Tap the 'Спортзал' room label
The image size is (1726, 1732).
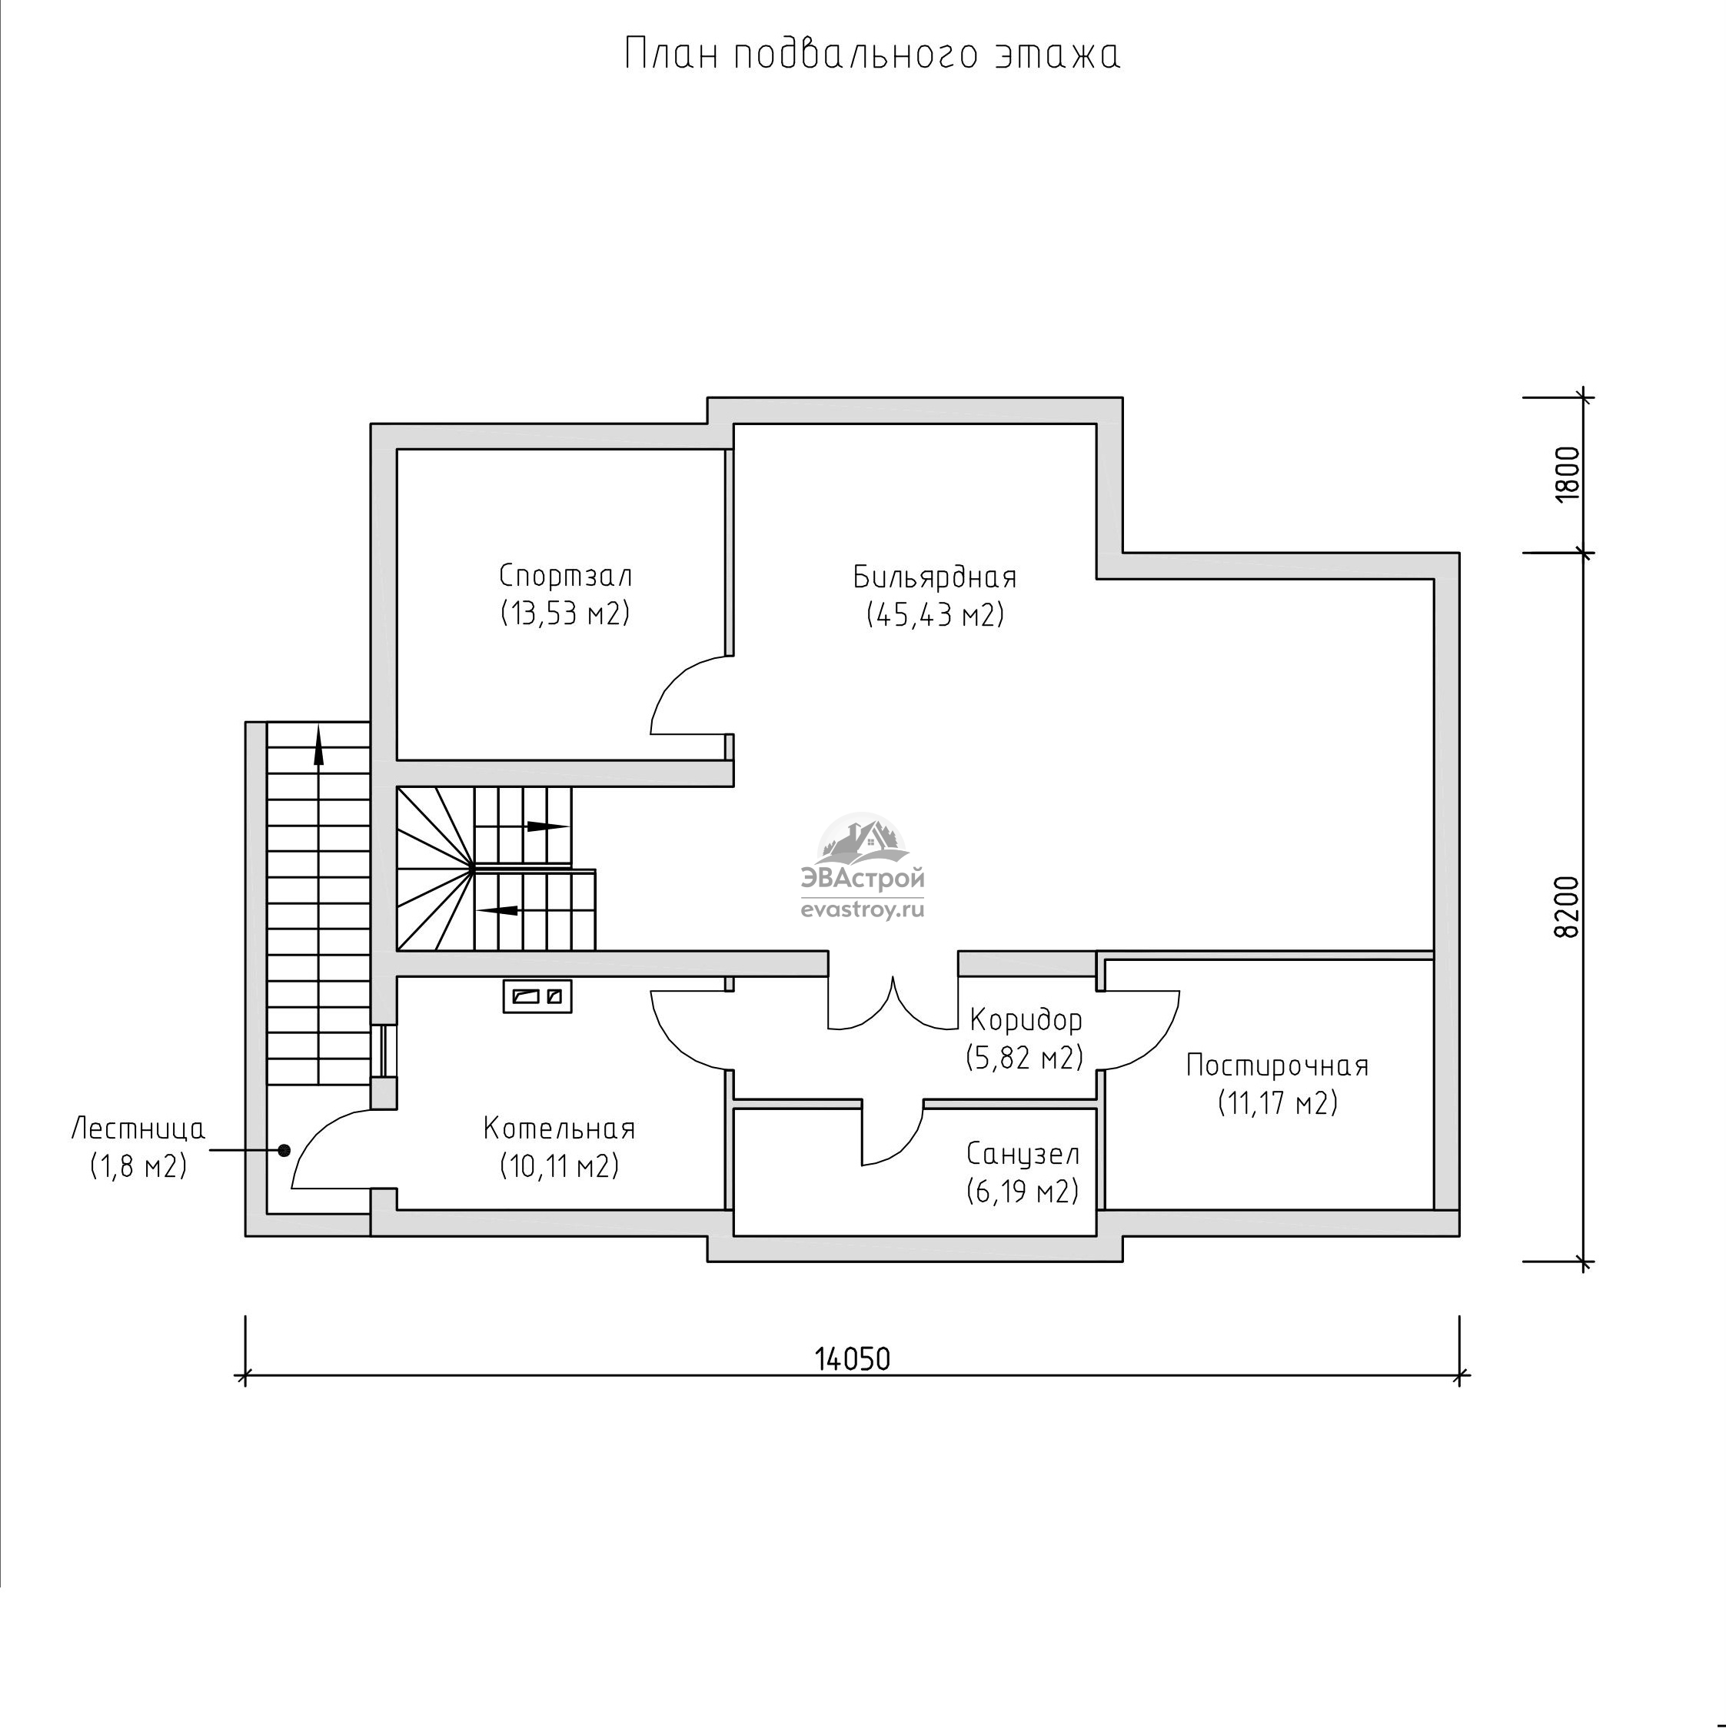(566, 576)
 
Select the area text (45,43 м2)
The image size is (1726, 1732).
(935, 615)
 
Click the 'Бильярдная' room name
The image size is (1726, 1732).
(935, 577)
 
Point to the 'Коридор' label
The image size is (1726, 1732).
(1026, 1020)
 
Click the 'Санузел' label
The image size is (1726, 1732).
(1023, 1154)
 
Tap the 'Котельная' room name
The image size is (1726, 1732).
(560, 1128)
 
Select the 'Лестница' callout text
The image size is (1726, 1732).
(138, 1129)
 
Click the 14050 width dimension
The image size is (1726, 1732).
(853, 1359)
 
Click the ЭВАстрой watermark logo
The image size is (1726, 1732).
(862, 867)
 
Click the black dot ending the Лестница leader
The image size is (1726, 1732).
(284, 1150)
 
